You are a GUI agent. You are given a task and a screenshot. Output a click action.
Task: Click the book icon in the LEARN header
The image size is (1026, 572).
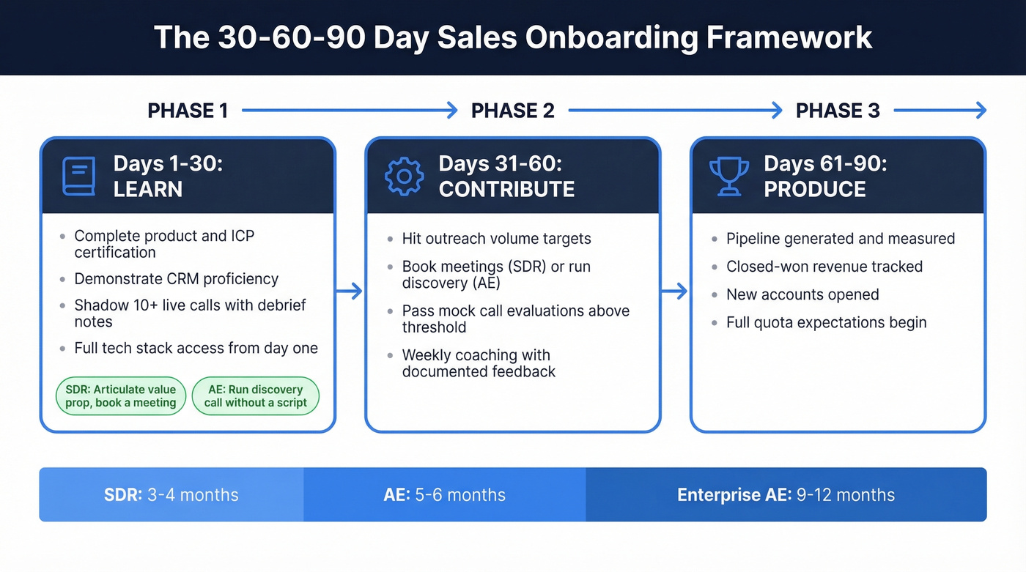(79, 177)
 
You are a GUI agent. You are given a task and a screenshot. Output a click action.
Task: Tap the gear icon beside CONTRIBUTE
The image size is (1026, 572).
(405, 177)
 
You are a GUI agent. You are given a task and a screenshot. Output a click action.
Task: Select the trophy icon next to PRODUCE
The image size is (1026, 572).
(729, 177)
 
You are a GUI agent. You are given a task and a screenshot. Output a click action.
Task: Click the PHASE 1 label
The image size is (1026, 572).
(188, 111)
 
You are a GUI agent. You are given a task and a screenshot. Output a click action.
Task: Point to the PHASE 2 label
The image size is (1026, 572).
(513, 111)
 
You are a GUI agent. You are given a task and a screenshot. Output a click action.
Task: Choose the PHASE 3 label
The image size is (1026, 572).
(838, 111)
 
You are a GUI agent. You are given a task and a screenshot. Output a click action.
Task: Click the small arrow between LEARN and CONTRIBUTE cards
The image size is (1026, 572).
(350, 291)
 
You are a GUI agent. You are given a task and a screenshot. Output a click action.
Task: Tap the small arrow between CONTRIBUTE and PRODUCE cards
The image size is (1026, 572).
(674, 291)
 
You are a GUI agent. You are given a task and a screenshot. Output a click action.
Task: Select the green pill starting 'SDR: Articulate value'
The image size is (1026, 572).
(120, 396)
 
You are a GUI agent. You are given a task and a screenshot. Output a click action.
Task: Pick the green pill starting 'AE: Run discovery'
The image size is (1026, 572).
(255, 396)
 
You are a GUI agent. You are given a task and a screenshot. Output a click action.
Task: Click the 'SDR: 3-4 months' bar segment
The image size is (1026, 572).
(171, 495)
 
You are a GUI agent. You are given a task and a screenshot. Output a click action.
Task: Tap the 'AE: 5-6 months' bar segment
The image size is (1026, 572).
(444, 495)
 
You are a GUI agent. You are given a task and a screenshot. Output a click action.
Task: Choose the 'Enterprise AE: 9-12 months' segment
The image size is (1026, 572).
(786, 495)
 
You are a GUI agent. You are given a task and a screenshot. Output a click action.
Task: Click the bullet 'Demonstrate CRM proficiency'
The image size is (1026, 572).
(176, 279)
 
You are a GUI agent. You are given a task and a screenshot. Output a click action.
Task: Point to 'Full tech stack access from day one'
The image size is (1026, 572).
(196, 349)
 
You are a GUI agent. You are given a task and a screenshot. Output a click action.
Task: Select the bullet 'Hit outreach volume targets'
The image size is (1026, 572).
(496, 239)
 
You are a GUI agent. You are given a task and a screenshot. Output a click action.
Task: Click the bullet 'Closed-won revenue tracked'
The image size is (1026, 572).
(824, 267)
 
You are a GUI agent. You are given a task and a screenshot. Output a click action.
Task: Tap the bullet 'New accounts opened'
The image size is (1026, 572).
(802, 294)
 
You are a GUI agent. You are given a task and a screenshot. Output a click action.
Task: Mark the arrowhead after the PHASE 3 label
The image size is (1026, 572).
(980, 111)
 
